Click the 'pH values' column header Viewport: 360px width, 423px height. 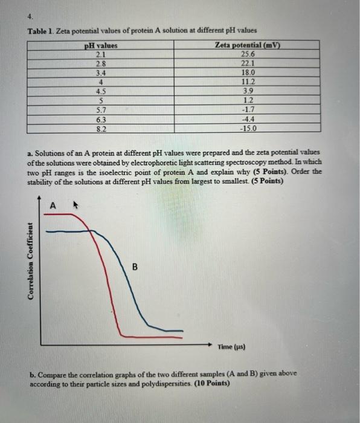click(x=100, y=46)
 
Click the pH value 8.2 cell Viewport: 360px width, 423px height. click(x=102, y=129)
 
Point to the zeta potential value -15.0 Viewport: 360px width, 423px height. click(x=248, y=129)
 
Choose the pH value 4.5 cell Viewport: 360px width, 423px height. click(x=102, y=92)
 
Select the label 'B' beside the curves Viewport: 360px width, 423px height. click(x=135, y=266)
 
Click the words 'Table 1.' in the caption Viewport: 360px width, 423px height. click(x=40, y=31)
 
